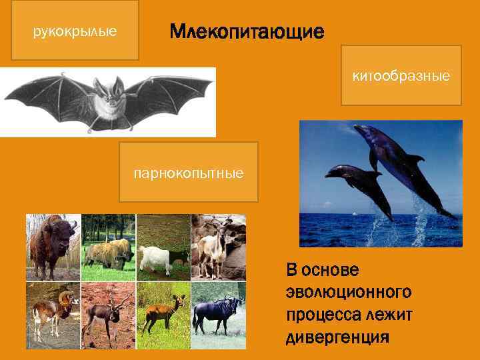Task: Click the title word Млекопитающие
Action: click(x=247, y=31)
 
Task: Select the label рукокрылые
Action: click(x=75, y=31)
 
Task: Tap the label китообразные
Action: click(x=401, y=77)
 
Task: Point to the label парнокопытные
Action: click(x=189, y=173)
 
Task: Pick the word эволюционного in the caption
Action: click(x=348, y=293)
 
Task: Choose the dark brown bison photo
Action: click(x=53, y=247)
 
